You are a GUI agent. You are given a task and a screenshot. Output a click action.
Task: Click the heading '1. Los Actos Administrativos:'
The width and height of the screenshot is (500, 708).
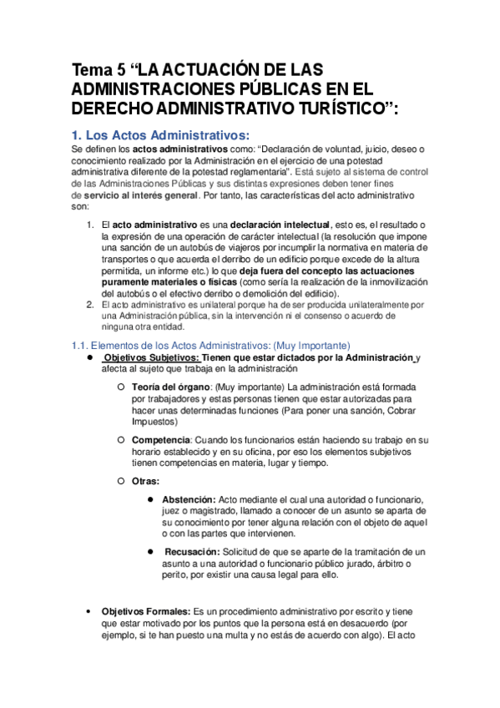pos(159,134)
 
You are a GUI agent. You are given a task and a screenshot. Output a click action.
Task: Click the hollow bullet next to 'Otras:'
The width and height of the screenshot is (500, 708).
pos(121,481)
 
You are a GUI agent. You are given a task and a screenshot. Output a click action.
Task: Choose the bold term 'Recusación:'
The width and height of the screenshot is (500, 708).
pos(193,552)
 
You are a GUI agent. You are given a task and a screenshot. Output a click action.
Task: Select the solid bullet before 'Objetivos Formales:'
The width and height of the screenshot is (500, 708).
pos(89,611)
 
